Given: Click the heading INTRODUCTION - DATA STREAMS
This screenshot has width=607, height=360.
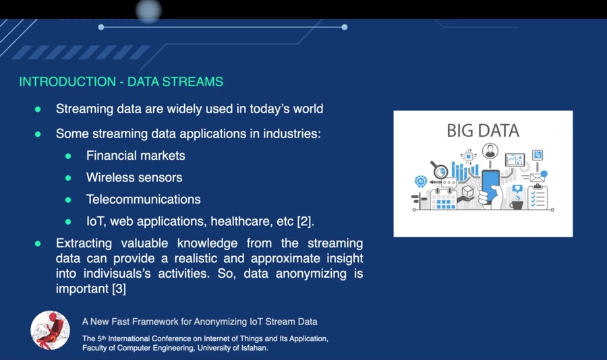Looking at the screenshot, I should (121, 82).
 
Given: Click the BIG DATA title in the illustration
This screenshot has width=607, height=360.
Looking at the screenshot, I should (483, 131).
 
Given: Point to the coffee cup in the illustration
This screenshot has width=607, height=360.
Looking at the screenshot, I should (517, 203).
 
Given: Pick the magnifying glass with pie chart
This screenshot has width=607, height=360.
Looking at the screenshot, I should (440, 171).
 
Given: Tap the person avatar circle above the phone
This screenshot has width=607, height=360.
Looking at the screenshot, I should (490, 151).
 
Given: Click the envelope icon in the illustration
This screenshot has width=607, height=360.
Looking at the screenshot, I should (536, 178).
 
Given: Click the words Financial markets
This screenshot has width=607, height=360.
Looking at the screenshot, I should (136, 156).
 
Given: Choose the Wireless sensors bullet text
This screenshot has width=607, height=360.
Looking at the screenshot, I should (134, 178).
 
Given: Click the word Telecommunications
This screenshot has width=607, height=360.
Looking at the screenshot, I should (143, 200).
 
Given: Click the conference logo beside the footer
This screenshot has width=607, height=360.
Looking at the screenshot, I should (50, 330).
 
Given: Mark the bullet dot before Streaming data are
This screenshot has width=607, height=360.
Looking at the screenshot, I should (38, 109).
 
